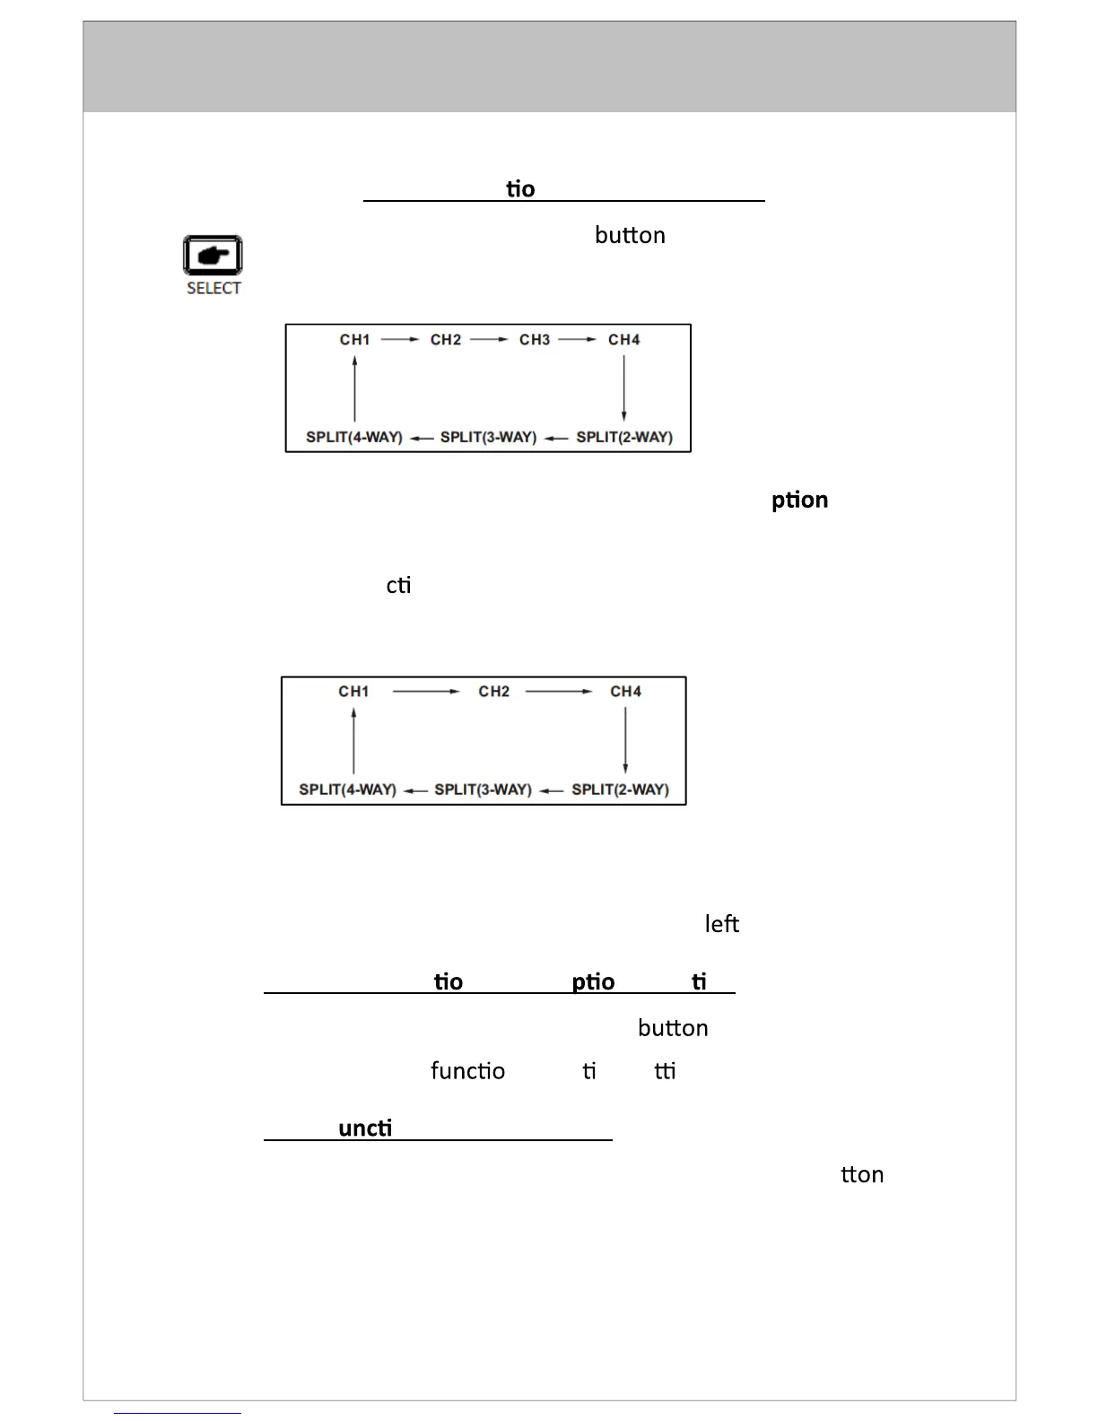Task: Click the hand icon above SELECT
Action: coord(213,256)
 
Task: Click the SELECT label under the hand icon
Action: coord(213,288)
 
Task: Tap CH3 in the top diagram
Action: coord(535,340)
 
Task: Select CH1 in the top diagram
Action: coord(354,340)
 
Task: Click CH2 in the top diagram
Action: coord(446,340)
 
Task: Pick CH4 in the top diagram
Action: coord(624,340)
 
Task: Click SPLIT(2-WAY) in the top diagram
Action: coord(624,438)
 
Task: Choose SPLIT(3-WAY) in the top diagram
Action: coord(488,438)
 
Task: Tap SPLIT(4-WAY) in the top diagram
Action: coord(354,438)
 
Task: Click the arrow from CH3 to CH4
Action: coord(577,340)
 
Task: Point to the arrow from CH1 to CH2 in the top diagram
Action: coord(400,340)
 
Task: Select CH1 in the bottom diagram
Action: coord(353,692)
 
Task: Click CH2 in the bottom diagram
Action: coord(494,692)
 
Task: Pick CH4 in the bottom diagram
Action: coord(626,692)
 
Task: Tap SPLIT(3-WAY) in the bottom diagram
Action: coord(483,790)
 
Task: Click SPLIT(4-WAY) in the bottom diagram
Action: coord(347,790)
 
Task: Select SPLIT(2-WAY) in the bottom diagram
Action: coord(620,790)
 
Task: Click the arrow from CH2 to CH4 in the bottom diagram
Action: coord(559,692)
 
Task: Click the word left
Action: coord(722,924)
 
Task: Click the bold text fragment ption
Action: coord(799,501)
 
